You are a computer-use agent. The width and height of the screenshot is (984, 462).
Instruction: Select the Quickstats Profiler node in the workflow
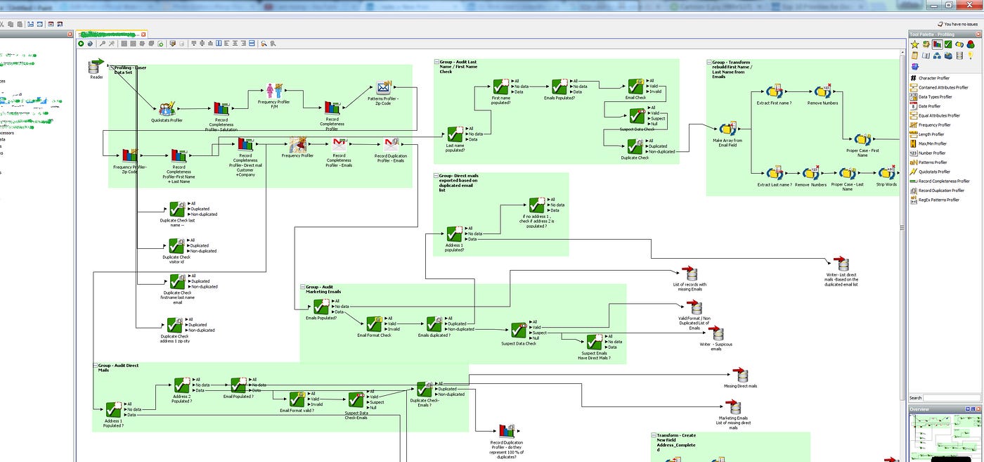167,109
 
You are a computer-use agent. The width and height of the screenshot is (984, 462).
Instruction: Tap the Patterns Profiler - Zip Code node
383,89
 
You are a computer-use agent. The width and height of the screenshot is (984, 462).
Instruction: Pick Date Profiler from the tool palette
933,106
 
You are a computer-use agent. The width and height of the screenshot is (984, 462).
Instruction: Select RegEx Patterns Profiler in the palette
938,200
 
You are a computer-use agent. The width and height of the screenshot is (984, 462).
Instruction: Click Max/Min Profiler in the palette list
933,143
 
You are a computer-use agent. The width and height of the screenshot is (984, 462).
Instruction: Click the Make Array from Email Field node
727,129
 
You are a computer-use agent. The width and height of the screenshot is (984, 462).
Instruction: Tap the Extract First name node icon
775,92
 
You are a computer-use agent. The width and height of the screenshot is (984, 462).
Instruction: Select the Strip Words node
886,174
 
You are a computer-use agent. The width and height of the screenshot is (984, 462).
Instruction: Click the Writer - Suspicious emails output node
716,334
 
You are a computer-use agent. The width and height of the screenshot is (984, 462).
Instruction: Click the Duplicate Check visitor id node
176,245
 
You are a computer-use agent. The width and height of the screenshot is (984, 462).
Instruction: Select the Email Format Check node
374,323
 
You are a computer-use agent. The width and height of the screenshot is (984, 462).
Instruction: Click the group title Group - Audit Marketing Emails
323,289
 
